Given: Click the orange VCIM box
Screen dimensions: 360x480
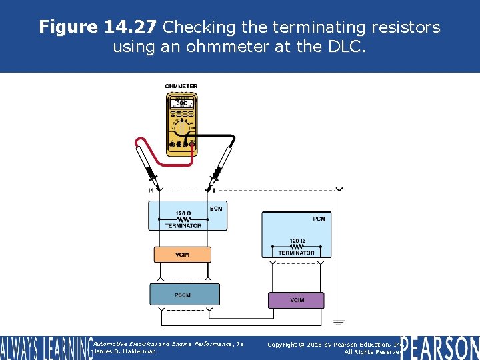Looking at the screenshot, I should [182, 254].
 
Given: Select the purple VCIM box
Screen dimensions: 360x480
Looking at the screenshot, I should [296, 300].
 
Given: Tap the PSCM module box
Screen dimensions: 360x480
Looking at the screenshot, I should [184, 294].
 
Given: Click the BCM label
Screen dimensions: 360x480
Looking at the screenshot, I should [216, 209].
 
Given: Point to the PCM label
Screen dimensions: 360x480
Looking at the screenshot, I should [319, 219].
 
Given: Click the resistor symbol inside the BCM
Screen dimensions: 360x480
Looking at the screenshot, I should [183, 219].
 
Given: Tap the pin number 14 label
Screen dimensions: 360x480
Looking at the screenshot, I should [151, 191].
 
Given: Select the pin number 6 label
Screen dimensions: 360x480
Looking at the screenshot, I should [213, 191].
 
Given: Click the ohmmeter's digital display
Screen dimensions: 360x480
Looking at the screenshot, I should [181, 103].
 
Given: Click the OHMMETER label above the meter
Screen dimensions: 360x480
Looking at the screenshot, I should [181, 86].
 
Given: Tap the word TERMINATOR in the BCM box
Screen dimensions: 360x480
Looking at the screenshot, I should [183, 226].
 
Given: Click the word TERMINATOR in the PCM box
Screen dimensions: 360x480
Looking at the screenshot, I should [297, 253].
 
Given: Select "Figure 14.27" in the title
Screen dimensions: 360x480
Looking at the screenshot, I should [98, 27].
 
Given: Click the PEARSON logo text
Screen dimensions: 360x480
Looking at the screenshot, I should [441, 347].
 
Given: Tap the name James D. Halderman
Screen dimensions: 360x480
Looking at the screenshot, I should [125, 351].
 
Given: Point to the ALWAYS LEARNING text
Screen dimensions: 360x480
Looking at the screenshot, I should [45, 348].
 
